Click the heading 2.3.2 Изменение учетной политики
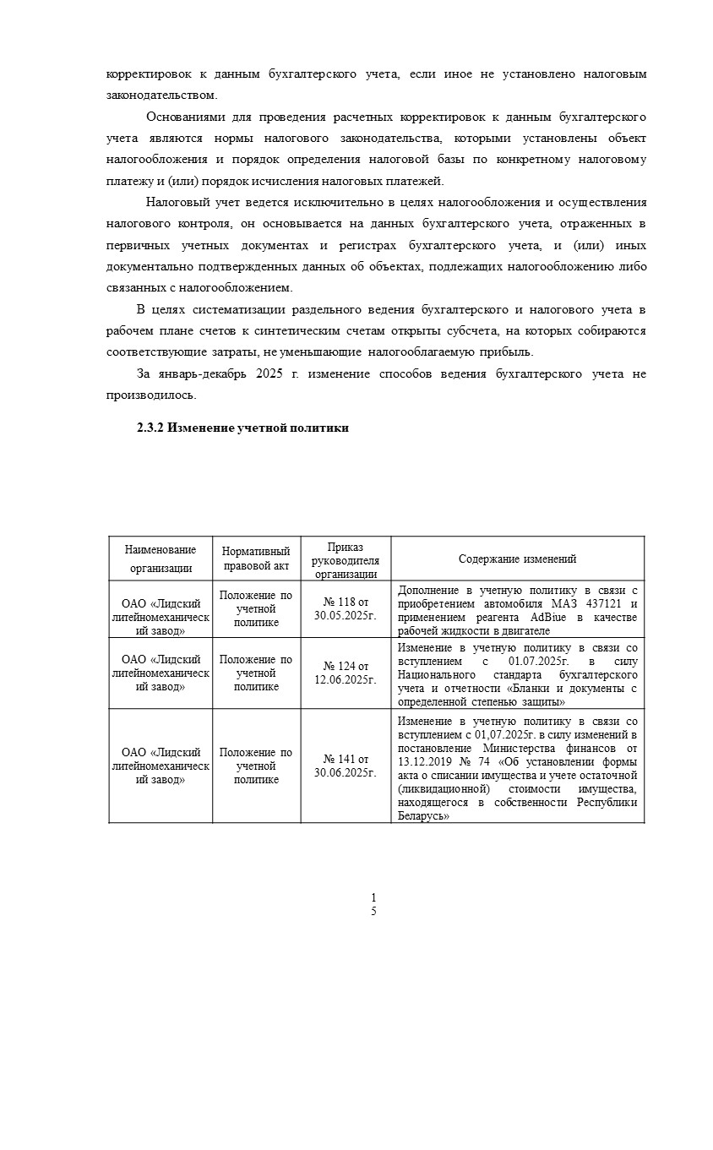[242, 428]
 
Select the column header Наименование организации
[160, 559]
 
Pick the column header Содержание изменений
[517, 559]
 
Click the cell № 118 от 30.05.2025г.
[345, 608]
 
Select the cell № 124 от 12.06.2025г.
[345, 673]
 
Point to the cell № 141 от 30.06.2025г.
[345, 766]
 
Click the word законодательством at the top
[161, 95]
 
